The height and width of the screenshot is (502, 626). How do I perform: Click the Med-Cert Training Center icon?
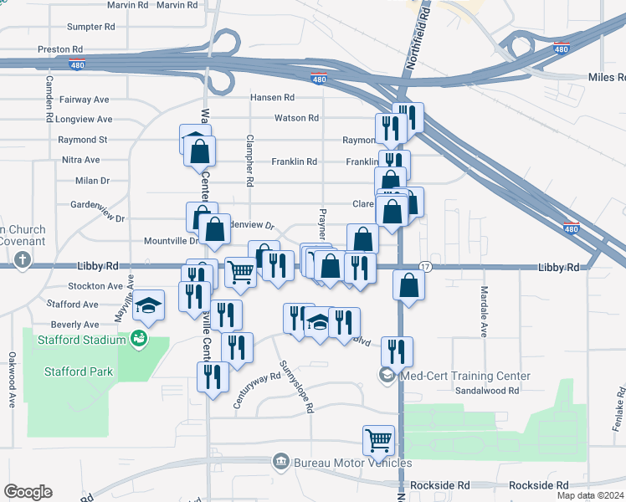387,375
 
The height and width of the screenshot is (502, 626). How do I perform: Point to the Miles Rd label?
607,76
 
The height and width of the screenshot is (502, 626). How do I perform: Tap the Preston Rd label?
60,49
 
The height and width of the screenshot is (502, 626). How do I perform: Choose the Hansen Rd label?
273,98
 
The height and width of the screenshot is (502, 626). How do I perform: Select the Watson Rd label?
296,119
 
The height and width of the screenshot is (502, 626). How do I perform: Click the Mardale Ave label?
484,311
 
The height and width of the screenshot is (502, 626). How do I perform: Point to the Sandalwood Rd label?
487,390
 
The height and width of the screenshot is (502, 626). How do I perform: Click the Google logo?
28,492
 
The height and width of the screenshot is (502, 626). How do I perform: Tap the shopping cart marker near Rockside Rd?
378,439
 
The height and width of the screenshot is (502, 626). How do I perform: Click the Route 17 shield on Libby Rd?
425,266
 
